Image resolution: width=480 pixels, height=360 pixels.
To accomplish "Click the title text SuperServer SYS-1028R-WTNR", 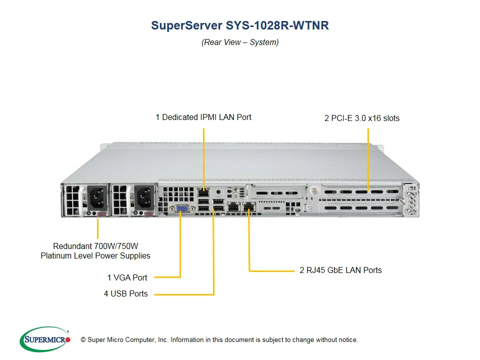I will click(x=240, y=26).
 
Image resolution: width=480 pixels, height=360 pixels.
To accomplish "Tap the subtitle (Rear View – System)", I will click(x=240, y=42).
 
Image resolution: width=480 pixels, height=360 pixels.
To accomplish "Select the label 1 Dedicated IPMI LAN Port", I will click(x=203, y=117).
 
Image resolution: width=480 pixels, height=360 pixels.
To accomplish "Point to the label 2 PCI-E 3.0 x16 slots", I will click(x=362, y=118).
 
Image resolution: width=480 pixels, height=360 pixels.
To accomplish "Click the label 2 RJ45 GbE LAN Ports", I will click(x=340, y=270).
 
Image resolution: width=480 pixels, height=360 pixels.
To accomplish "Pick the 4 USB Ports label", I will click(x=126, y=293).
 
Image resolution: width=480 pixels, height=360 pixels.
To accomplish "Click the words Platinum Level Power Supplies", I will click(x=95, y=255).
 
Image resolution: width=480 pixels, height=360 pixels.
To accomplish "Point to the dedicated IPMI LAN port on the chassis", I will click(x=203, y=191).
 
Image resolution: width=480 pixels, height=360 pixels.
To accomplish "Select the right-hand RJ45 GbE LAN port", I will click(x=248, y=206).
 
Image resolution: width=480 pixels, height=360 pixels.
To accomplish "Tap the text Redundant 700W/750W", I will click(x=95, y=246).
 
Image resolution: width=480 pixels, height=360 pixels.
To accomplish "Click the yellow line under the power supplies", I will click(x=98, y=229).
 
